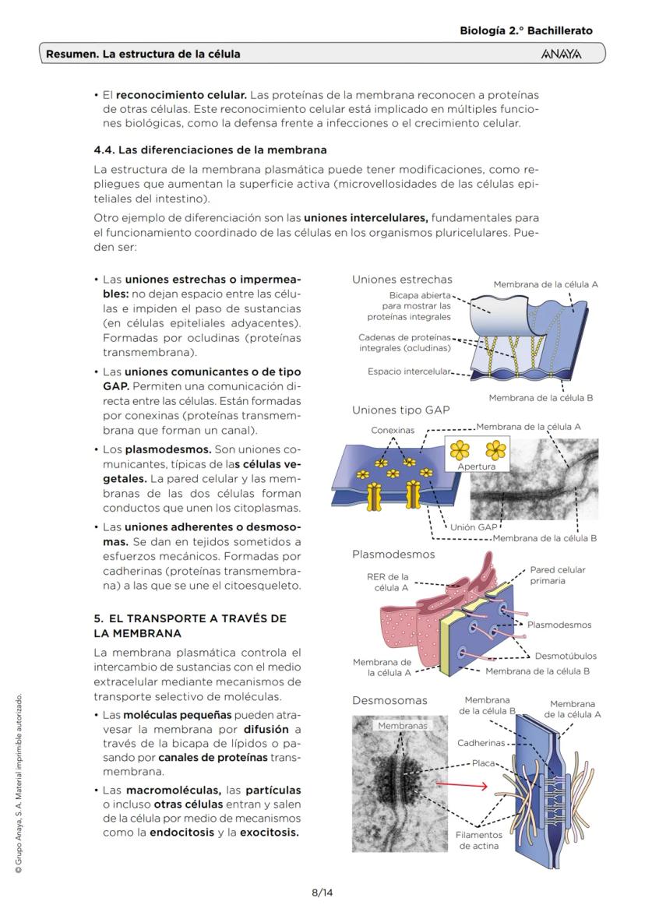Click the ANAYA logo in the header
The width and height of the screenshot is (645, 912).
[x=560, y=55]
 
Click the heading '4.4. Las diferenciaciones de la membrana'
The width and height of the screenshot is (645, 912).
[x=210, y=150]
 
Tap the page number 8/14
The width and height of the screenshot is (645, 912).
[x=322, y=892]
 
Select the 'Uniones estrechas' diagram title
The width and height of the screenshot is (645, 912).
[x=402, y=279]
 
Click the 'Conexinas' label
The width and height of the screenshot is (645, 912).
[x=393, y=430]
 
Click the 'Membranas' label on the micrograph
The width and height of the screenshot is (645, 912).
[x=402, y=726]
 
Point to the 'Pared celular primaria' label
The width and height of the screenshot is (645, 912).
[x=558, y=575]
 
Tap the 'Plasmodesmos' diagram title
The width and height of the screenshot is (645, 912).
[x=393, y=555]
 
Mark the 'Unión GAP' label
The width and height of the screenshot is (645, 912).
[x=474, y=527]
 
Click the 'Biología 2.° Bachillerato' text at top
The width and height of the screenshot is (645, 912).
[x=526, y=30]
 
